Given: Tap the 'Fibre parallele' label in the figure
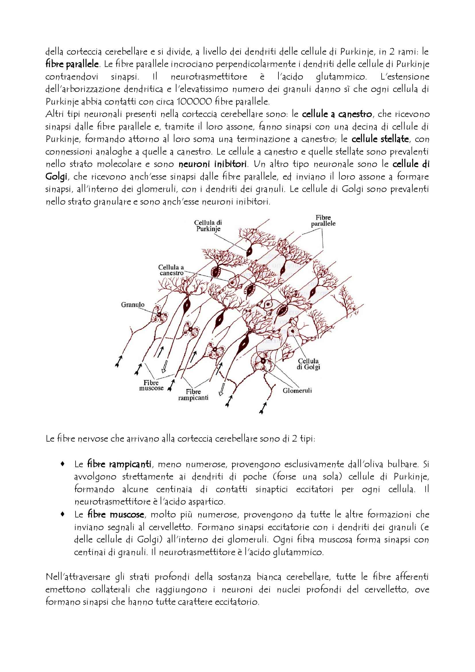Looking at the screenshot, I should point(323,221).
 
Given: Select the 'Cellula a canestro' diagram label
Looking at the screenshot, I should point(171,270).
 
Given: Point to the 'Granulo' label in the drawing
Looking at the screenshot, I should point(133,305).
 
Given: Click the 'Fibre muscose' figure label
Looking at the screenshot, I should point(151,385).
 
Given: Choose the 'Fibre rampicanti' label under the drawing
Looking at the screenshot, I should point(193,395).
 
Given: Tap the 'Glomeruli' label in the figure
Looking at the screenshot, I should point(297,390).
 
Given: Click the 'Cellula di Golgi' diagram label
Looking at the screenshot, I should point(308,364).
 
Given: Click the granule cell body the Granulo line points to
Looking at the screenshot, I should point(159,315).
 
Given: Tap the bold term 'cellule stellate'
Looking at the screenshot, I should point(380,139).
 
